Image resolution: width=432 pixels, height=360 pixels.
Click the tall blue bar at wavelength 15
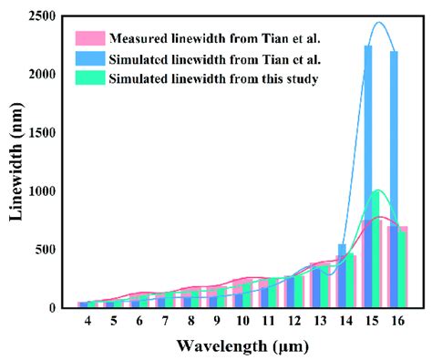click(x=368, y=137)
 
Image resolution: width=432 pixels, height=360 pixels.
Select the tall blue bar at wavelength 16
click(x=394, y=137)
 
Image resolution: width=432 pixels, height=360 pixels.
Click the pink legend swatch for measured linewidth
click(x=89, y=38)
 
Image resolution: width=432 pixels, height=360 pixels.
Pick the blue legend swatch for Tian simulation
click(x=89, y=58)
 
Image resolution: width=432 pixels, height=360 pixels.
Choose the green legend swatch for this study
click(x=89, y=78)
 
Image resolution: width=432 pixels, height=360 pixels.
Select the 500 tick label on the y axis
click(x=46, y=250)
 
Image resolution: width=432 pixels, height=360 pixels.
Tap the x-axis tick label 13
click(x=319, y=322)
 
